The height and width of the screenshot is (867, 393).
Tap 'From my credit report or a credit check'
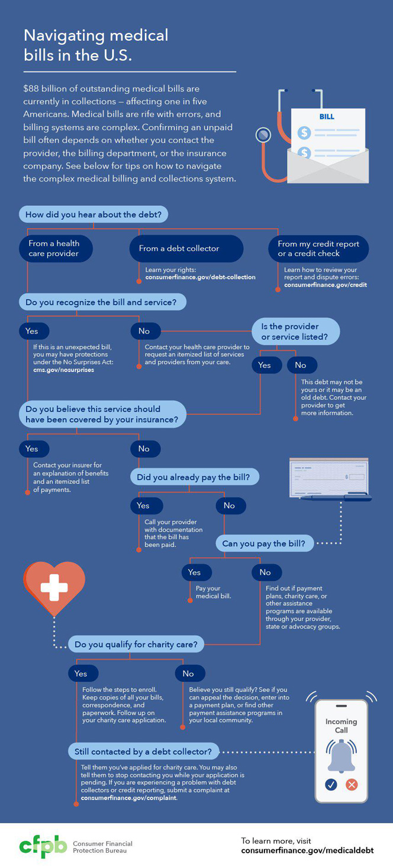pos(319,248)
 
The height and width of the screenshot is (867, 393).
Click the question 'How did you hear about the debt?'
pos(94,215)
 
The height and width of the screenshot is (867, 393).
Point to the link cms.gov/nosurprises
pos(64,370)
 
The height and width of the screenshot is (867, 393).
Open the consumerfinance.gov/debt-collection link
pos(200,277)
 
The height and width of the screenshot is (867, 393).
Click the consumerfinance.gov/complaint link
pos(128,798)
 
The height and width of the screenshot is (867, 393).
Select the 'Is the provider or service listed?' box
pos(296,331)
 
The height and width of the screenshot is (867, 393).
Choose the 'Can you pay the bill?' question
pos(263,544)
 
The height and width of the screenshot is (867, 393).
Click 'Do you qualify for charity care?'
pos(136,644)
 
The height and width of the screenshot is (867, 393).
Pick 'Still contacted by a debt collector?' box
pos(143,752)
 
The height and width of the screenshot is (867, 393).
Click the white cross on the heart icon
pos(54,587)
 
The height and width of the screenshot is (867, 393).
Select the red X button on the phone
pos(352,784)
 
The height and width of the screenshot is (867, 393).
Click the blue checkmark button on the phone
pos(331,784)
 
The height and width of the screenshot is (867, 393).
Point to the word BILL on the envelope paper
pos(327,117)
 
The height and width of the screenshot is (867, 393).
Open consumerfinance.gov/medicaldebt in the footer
pos(307,850)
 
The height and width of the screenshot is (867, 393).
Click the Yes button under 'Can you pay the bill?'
pos(194,572)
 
